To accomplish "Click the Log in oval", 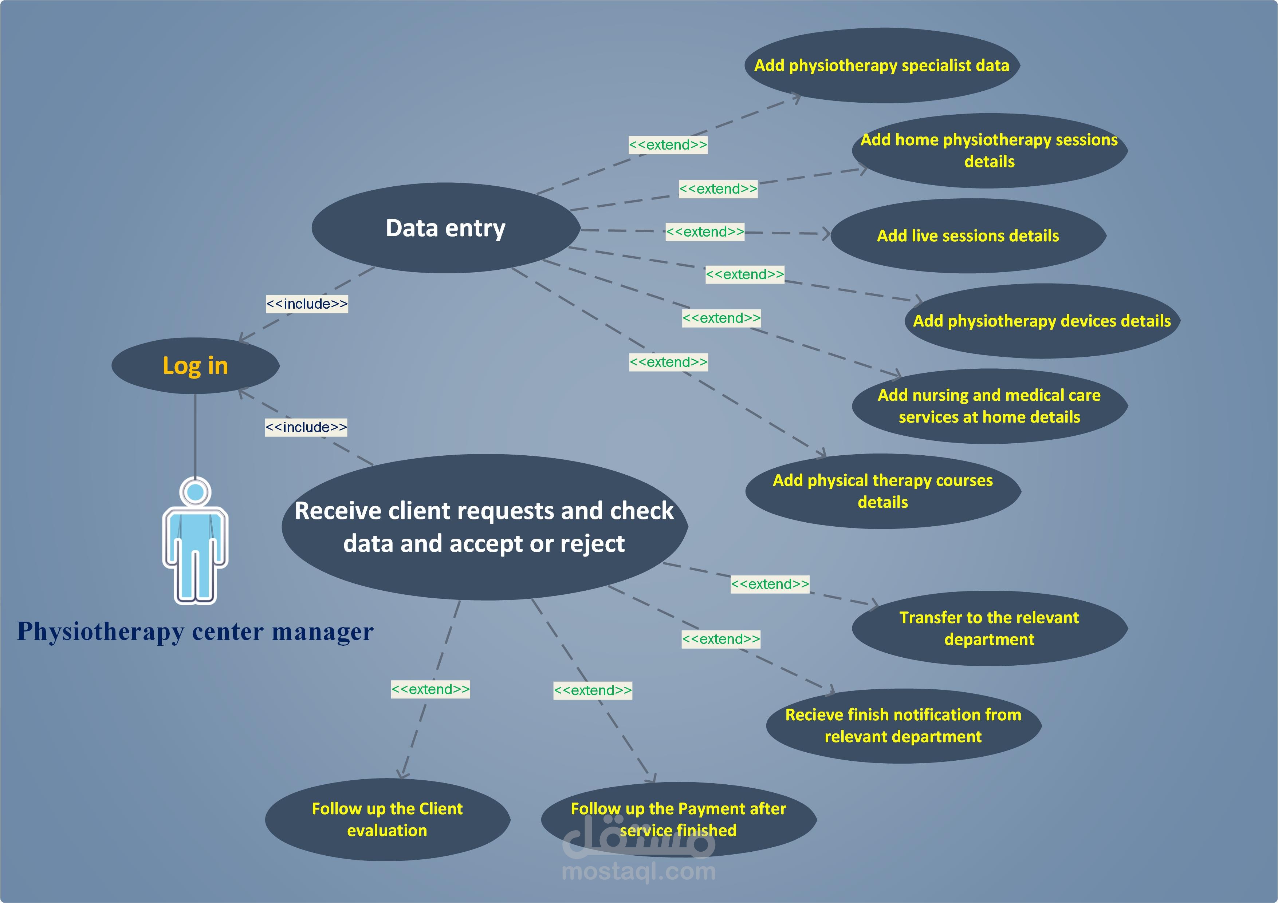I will coord(195,365).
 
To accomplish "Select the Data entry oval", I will coord(445,228).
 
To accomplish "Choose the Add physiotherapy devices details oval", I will coord(1041,321).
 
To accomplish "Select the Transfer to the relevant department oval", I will coord(989,628).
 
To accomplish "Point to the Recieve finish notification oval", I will coord(903,725).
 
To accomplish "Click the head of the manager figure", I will coord(195,492).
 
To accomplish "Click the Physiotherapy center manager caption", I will coord(195,631).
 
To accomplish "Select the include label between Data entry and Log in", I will coord(307,304).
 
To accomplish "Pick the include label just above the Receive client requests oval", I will coord(306,427).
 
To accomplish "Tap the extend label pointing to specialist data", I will coord(668,144).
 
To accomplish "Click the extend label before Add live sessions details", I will coord(705,231).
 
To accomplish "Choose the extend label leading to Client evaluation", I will coord(430,689).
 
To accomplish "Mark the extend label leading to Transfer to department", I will coord(770,584).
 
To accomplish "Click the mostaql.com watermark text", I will coord(638,871).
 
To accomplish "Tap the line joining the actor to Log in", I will coord(195,434).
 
